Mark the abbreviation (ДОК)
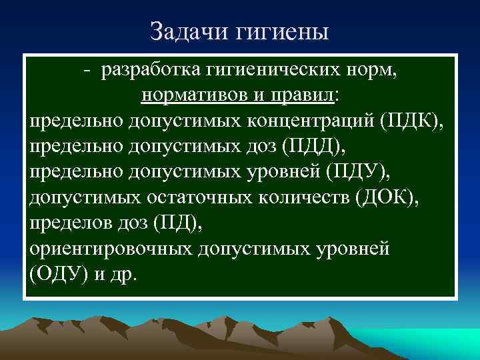(x=386, y=198)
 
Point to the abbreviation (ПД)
(x=178, y=224)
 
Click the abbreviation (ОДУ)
(x=57, y=275)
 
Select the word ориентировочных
(x=111, y=249)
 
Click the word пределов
(x=67, y=224)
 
